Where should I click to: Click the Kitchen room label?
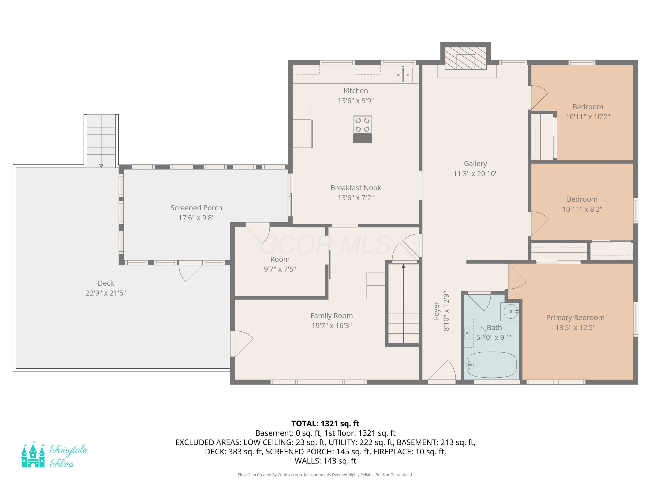pos(355,91)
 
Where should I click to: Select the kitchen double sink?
pos(403,75)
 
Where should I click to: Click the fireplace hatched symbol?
pos(466,58)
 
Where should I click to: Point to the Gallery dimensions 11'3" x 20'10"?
pos(475,174)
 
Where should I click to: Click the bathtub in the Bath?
pos(492,365)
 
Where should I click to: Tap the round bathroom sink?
pos(511,311)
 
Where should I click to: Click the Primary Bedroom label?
pos(575,318)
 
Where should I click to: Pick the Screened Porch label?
pos(196,208)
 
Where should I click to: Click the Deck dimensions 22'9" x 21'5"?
pos(106,293)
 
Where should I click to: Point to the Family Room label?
pos(332,316)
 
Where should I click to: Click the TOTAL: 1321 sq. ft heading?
pos(325,424)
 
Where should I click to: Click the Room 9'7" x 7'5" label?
pos(280,264)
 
